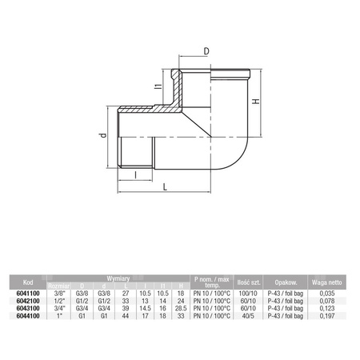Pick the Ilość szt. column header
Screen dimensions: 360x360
pyautogui.click(x=246, y=282)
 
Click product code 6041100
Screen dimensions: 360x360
pyautogui.click(x=28, y=292)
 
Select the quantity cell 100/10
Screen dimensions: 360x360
pyautogui.click(x=246, y=292)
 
